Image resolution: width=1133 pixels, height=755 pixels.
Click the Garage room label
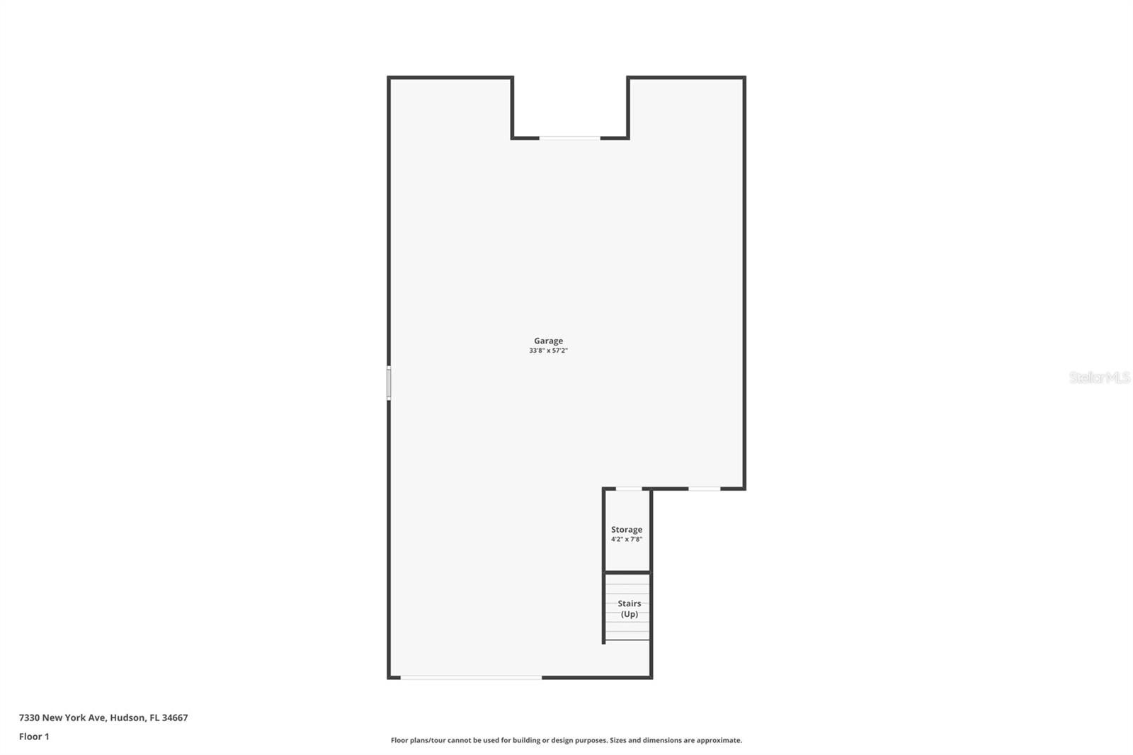click(x=548, y=341)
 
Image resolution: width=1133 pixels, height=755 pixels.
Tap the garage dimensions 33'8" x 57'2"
click(x=548, y=350)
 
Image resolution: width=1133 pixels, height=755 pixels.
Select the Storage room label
click(x=627, y=530)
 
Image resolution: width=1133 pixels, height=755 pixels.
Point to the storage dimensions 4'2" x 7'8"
click(x=627, y=540)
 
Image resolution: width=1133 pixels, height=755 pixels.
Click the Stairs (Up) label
click(x=630, y=609)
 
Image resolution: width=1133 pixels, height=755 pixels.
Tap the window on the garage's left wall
click(x=389, y=383)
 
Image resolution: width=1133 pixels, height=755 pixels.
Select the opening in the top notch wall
click(x=569, y=137)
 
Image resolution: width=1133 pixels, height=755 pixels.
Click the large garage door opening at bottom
click(x=472, y=677)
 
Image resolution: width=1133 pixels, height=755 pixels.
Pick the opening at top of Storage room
click(x=629, y=489)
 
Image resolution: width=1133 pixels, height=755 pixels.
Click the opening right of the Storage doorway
click(x=705, y=489)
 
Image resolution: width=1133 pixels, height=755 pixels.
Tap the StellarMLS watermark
click(x=1099, y=377)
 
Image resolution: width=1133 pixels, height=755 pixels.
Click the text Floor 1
click(x=35, y=737)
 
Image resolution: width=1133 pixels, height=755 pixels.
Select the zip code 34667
click(x=175, y=717)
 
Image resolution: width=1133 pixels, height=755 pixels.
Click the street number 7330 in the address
click(x=29, y=717)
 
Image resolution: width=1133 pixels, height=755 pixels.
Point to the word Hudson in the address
click(x=127, y=717)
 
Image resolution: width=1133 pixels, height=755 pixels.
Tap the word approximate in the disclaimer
click(x=719, y=740)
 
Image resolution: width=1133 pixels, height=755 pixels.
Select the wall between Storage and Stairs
click(x=627, y=572)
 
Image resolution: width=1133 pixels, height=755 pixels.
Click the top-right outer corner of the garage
click(x=745, y=77)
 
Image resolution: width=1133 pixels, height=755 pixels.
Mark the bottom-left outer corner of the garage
click(x=389, y=678)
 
